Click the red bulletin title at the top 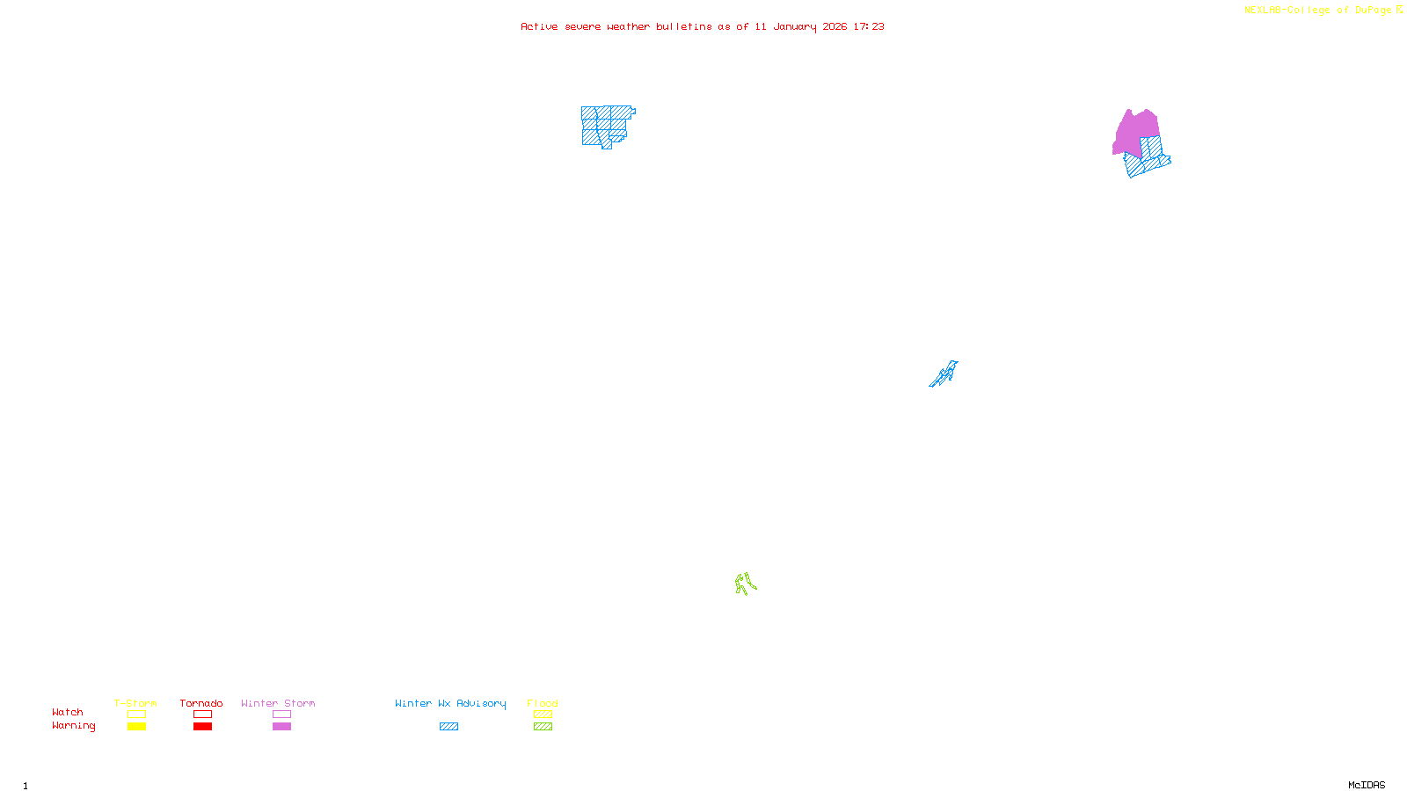click(x=702, y=27)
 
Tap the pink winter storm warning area click(x=1134, y=132)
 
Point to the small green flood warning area click(x=745, y=584)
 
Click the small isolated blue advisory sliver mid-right click(x=945, y=374)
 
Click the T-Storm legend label click(x=135, y=703)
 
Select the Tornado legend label click(x=201, y=703)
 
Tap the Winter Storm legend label click(x=278, y=703)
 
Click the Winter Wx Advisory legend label click(x=450, y=703)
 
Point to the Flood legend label click(x=543, y=703)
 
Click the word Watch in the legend click(x=68, y=713)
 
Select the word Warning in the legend click(x=74, y=726)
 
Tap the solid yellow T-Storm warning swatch click(x=136, y=727)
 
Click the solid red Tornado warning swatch click(x=202, y=727)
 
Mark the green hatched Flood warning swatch click(x=543, y=727)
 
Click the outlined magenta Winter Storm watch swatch click(x=281, y=715)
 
